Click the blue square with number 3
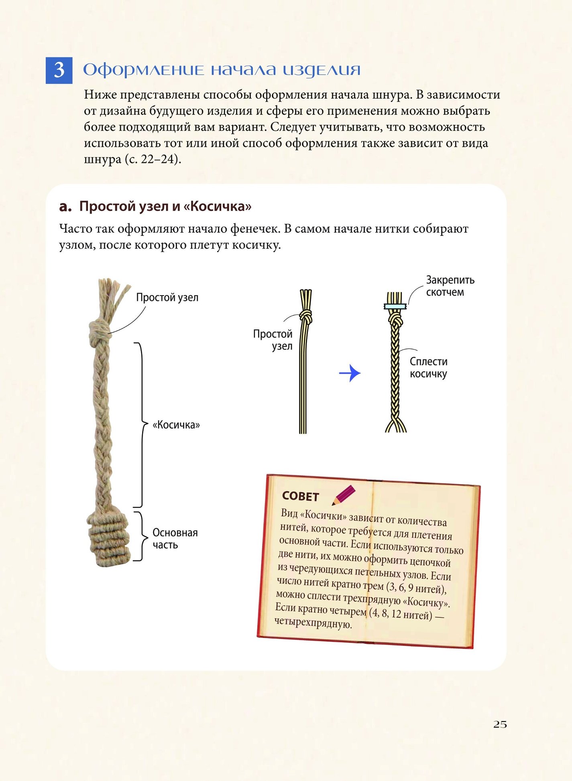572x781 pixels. click(x=59, y=70)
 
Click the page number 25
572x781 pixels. click(x=500, y=724)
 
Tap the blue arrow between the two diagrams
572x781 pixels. click(x=350, y=373)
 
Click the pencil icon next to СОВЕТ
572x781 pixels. click(x=344, y=495)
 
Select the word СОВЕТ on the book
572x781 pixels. click(x=300, y=496)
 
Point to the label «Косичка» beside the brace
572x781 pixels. click(x=176, y=425)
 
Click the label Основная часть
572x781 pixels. click(x=175, y=538)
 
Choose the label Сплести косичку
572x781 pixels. click(x=429, y=367)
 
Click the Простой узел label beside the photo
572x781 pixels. click(x=167, y=297)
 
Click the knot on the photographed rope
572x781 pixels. click(x=99, y=333)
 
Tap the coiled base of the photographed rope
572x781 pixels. click(x=109, y=538)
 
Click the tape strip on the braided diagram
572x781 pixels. click(x=395, y=306)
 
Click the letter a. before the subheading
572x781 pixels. click(x=65, y=206)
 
